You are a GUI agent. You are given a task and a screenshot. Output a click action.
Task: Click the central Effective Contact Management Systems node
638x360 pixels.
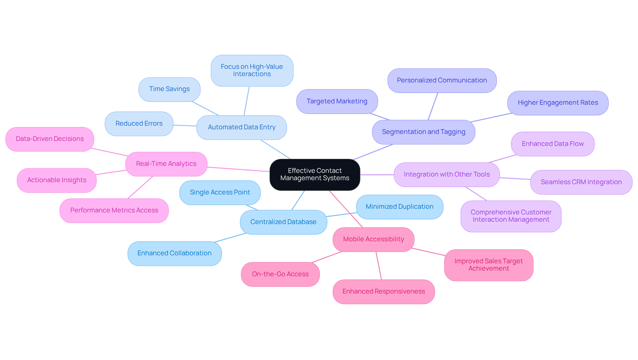[x=315, y=175]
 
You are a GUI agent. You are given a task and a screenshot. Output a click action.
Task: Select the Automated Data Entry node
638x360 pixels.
[x=242, y=127]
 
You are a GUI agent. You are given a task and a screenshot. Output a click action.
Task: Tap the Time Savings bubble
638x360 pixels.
[x=169, y=89]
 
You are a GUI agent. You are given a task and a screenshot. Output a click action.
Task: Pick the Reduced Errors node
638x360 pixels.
[x=139, y=124]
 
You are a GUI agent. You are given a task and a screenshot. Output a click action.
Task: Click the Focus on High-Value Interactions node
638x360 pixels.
[x=252, y=70]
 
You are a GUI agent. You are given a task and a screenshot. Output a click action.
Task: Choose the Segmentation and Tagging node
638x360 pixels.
[x=423, y=132]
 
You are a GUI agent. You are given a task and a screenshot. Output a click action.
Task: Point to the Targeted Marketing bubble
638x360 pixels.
[x=337, y=101]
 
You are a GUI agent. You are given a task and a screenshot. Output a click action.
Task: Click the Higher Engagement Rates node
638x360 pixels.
[x=558, y=103]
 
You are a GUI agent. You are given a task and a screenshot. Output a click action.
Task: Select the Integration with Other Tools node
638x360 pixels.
[x=447, y=175]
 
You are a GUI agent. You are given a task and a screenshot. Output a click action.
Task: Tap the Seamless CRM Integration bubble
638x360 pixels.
[x=581, y=182]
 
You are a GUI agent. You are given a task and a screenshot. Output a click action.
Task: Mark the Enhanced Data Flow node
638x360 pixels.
[x=553, y=144]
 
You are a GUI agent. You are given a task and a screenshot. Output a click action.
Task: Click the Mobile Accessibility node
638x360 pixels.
[x=373, y=239]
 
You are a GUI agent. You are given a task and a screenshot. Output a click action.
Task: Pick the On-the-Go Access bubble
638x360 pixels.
[x=280, y=274]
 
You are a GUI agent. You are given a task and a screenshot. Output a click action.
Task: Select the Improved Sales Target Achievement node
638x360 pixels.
[x=488, y=265]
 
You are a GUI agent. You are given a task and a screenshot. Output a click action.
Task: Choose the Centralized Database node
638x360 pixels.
[x=283, y=222]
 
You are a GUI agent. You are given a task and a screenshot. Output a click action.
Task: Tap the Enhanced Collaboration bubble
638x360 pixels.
[x=174, y=253]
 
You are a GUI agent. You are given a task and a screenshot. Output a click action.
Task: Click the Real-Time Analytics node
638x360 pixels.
[x=166, y=164]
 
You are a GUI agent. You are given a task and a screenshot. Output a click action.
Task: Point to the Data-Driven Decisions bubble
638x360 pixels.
[x=50, y=139]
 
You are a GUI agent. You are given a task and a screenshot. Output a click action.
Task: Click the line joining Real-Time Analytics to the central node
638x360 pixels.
[x=238, y=169]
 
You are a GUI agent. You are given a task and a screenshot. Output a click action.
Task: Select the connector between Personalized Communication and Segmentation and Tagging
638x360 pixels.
[x=433, y=106]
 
